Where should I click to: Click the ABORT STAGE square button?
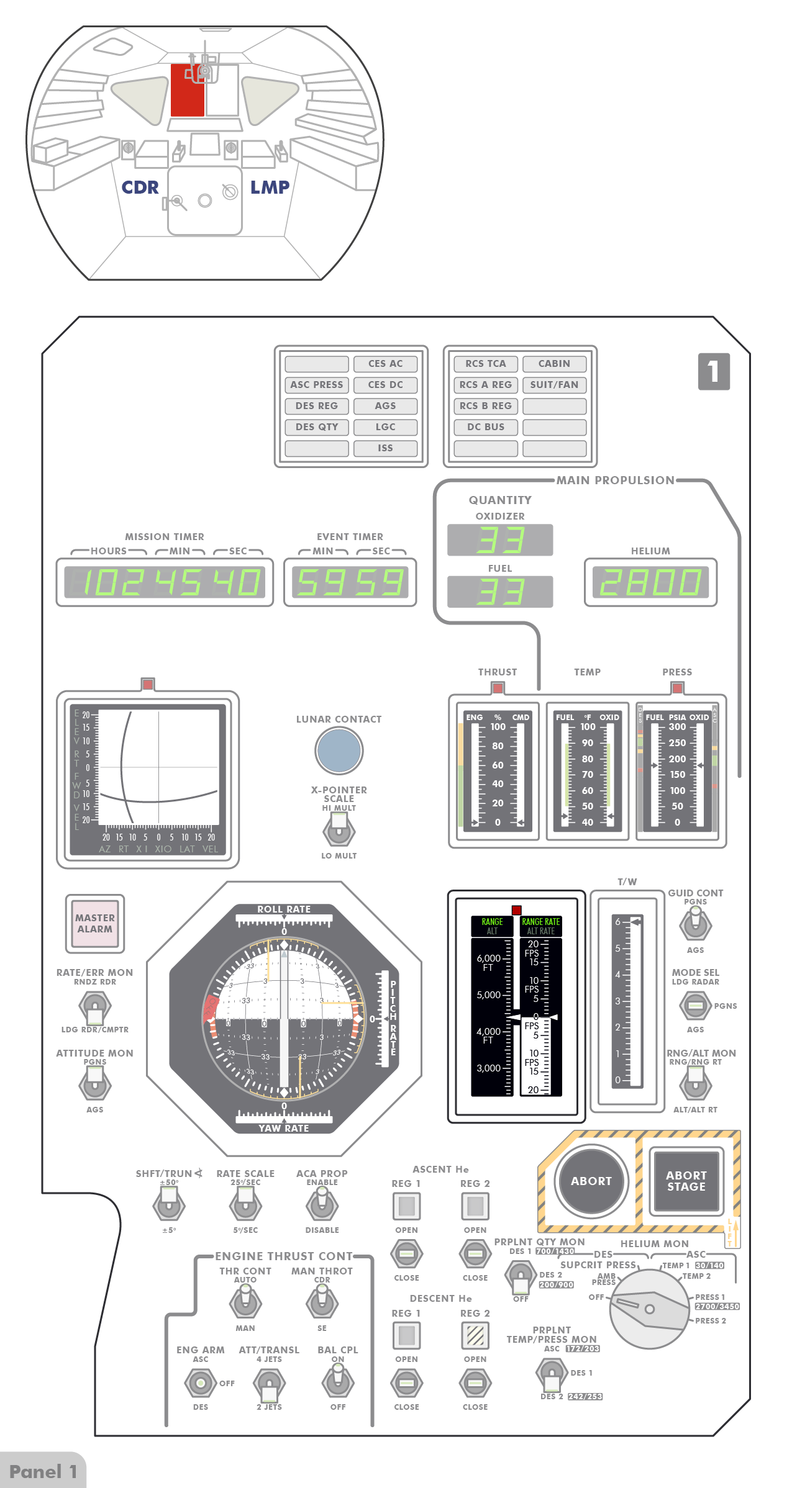[686, 1181]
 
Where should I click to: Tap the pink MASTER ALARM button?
[95, 923]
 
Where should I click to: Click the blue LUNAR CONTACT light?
[339, 750]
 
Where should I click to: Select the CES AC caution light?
[385, 364]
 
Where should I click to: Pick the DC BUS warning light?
[486, 427]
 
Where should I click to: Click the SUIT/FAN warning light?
[554, 385]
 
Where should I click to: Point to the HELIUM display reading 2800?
[650, 582]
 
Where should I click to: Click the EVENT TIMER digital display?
[350, 582]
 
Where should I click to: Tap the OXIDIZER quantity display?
[500, 539]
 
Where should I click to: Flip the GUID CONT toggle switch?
[695, 924]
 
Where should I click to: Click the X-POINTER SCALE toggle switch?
[339, 829]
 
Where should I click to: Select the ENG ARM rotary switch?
[200, 1383]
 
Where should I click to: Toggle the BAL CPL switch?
[338, 1382]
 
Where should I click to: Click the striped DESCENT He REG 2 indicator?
[475, 1335]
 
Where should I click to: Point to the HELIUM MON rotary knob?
[649, 1309]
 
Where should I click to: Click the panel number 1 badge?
[714, 371]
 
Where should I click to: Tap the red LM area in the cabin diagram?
[187, 91]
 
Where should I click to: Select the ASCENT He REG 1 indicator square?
[407, 1206]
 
